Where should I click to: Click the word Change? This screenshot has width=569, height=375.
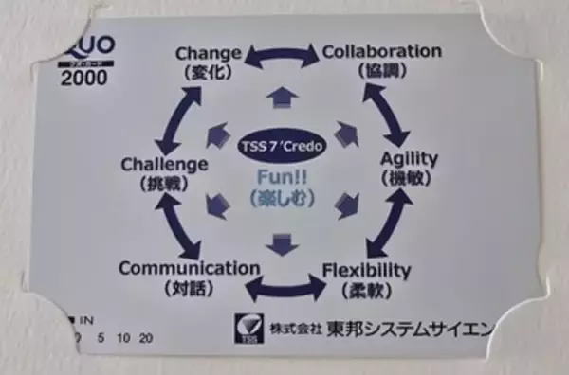tap(209, 52)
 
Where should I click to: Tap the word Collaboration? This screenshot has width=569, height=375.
tap(382, 50)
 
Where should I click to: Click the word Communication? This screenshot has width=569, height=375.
tap(189, 268)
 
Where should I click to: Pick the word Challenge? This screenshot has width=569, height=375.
tap(164, 165)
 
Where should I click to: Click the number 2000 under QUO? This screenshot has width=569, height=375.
tap(83, 79)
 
